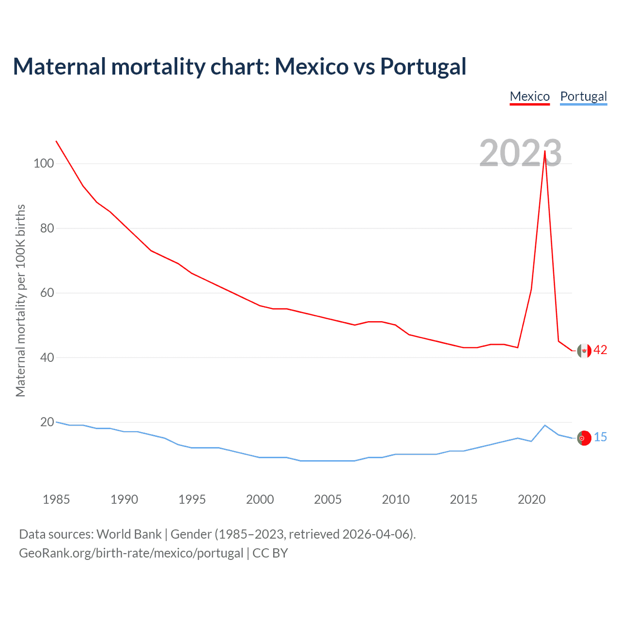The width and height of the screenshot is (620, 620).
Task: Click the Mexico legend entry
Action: [x=529, y=96]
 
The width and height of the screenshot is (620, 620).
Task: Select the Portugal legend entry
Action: [x=583, y=96]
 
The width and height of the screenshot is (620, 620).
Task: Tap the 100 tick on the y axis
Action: [x=44, y=163]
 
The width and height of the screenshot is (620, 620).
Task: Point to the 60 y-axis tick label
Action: [x=47, y=293]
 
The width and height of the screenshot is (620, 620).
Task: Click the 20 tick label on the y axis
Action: [x=47, y=422]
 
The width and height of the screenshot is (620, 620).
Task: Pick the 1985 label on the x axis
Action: [x=56, y=499]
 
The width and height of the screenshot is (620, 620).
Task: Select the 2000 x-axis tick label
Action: [x=260, y=499]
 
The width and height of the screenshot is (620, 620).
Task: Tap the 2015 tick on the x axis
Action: [x=464, y=499]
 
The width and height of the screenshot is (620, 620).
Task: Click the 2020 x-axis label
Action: [x=531, y=499]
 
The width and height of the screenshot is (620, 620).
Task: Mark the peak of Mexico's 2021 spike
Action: [x=545, y=151]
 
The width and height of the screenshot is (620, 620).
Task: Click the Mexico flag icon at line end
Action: [x=584, y=350]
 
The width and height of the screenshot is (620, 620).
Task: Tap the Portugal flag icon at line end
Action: [x=584, y=438]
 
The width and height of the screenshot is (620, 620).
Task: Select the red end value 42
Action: [x=600, y=350]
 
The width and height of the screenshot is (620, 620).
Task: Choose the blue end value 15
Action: [x=600, y=437]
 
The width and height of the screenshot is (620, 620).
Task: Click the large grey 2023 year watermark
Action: [x=520, y=153]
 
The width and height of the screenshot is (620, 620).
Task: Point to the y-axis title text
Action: [x=20, y=300]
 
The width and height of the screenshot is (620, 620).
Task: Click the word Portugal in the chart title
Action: [x=423, y=66]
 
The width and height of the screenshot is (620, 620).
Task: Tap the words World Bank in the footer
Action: [x=129, y=534]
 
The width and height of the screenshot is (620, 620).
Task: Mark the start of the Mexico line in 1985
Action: [x=56, y=141]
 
